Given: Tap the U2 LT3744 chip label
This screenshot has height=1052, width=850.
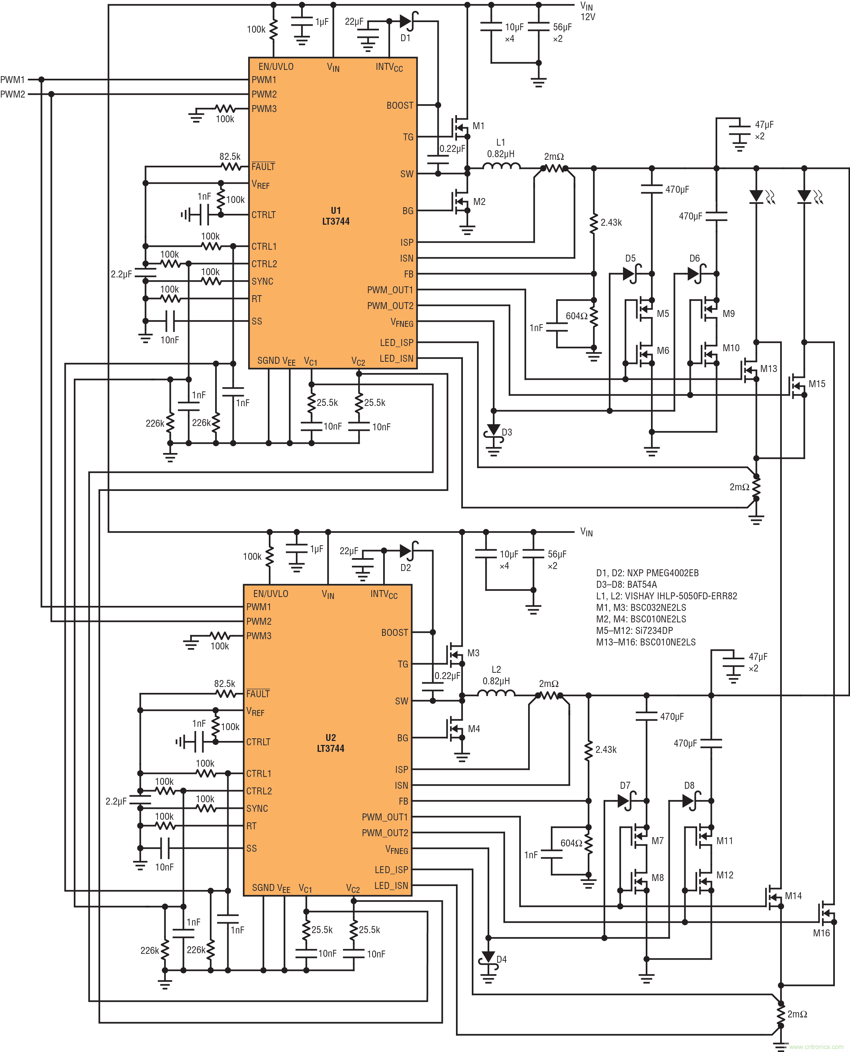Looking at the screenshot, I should coord(330,743).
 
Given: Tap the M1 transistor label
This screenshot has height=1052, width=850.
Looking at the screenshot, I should coord(478,126).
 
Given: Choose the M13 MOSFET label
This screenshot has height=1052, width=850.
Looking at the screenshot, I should coord(768,369).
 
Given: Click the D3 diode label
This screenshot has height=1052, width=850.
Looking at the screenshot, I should coord(507,432).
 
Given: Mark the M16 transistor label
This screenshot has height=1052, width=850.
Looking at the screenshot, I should coord(821,933).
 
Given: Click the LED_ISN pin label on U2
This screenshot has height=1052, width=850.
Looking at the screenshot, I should coord(391,886).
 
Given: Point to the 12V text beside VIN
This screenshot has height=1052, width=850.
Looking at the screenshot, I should coord(587,17).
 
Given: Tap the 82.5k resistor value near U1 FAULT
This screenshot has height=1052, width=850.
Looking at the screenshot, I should coord(230,156).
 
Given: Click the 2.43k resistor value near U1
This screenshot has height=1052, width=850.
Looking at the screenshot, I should coord(611,222).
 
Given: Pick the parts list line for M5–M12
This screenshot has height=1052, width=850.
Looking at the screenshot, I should coord(634,631).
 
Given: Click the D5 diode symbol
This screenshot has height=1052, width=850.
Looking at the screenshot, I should coord(630,274).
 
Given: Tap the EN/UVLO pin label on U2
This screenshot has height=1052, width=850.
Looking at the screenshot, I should coord(270,594).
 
